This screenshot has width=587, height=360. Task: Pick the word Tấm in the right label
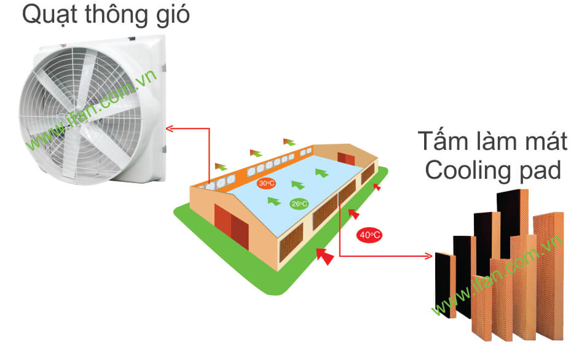[443, 141]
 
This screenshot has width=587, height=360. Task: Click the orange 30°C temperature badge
[266, 183]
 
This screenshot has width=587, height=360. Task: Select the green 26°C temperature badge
[299, 204]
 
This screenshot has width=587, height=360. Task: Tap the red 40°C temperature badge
[369, 235]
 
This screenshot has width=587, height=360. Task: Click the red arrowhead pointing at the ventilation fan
[170, 128]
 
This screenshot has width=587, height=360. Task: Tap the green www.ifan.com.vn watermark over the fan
[92, 111]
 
